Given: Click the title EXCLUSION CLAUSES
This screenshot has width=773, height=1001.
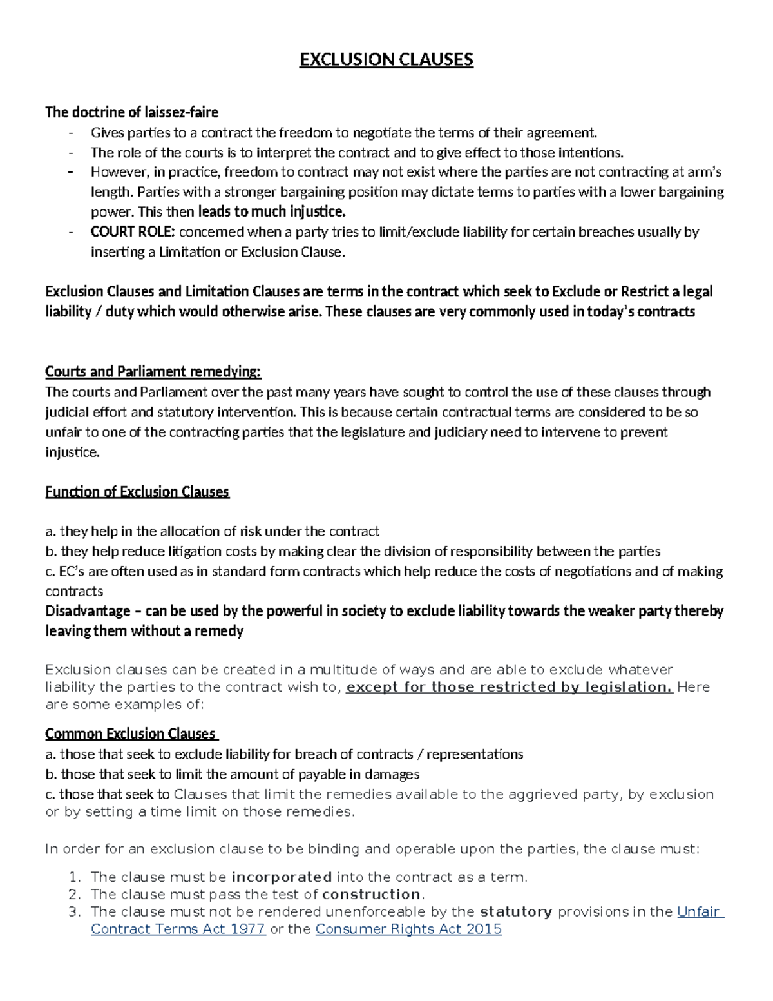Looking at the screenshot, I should tap(386, 60).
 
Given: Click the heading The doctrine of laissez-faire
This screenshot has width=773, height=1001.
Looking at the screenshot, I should tap(131, 113).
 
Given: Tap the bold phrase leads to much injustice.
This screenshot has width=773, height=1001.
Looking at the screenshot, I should tap(272, 212).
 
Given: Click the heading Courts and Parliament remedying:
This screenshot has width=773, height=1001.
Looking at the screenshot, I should tap(153, 372).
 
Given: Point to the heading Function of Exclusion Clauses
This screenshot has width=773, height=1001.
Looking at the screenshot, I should tap(137, 492).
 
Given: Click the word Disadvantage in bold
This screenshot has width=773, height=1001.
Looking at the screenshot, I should tap(88, 611).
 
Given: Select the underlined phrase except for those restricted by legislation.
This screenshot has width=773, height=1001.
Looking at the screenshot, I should tap(509, 687).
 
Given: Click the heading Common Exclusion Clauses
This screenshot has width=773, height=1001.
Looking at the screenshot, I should tap(131, 734).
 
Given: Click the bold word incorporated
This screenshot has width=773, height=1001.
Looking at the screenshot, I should tap(282, 877).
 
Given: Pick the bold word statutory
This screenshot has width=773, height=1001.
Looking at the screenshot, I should tap(516, 912).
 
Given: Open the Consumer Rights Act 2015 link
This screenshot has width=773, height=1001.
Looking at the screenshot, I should tap(408, 929).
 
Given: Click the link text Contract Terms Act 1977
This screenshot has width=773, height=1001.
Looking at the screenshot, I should tap(178, 929).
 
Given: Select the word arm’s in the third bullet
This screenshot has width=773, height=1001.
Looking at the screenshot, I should tap(706, 172).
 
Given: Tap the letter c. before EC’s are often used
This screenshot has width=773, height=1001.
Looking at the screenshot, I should tap(50, 572).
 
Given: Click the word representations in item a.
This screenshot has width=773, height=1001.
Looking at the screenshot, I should tap(475, 755).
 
